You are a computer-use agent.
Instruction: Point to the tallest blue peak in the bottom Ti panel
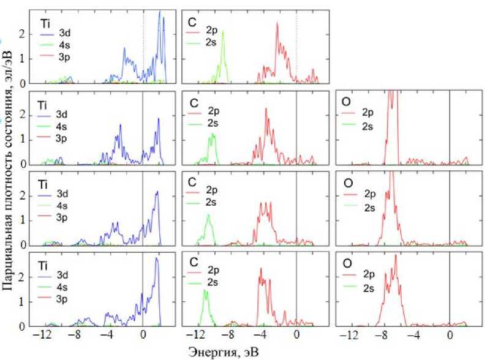tap(156, 259)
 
